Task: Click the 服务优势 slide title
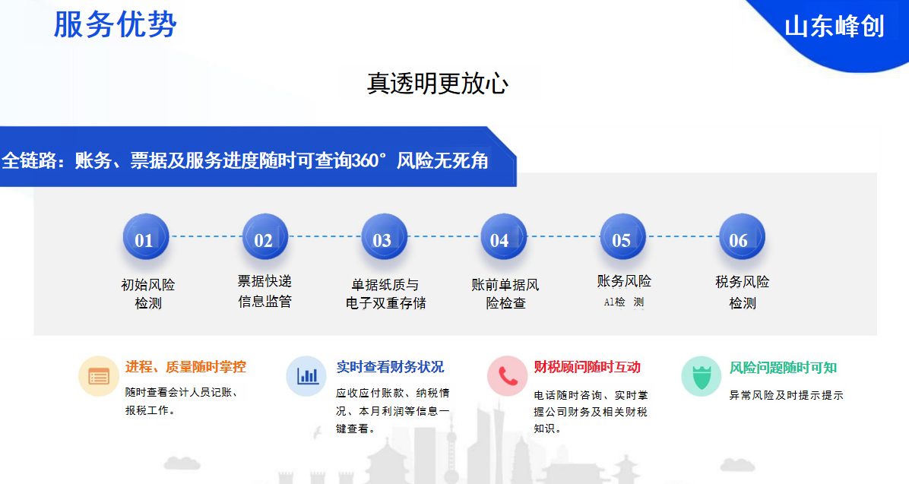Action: [x=115, y=24]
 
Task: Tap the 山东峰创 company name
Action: [x=835, y=27]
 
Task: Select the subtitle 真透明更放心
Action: [x=438, y=84]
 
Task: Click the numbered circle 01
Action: [x=145, y=237]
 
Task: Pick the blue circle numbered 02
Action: [x=265, y=237]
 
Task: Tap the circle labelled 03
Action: [x=384, y=237]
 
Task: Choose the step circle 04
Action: [x=503, y=237]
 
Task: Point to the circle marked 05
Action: [x=622, y=237]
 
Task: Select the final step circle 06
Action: [x=742, y=237]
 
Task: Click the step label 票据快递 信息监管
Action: [x=264, y=292]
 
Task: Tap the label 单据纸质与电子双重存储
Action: [x=385, y=294]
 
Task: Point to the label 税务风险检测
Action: [x=742, y=293]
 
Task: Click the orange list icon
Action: [x=99, y=376]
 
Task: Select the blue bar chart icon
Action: [x=306, y=376]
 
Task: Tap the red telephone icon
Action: [x=507, y=376]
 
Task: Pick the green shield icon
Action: [x=702, y=376]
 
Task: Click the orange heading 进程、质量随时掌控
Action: [x=185, y=367]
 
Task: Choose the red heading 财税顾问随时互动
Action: [x=588, y=367]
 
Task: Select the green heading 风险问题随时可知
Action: [x=783, y=368]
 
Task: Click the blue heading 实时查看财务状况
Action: [x=390, y=367]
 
